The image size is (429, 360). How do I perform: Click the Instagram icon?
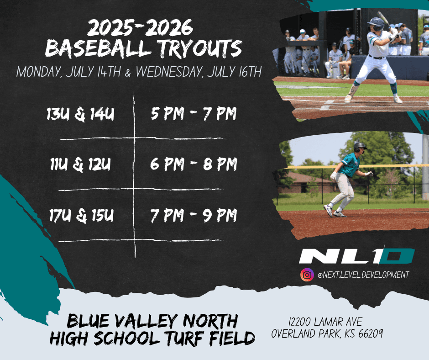click(307, 275)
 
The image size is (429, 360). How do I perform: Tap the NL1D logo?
click(357, 256)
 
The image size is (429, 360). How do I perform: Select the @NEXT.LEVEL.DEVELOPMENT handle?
click(363, 275)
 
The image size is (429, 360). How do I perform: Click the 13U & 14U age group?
click(80, 114)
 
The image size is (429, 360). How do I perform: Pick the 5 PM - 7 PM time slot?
click(194, 114)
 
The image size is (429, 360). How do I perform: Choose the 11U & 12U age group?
click(80, 164)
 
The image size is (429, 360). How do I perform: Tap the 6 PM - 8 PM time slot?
click(194, 164)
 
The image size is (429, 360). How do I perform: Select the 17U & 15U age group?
click(81, 215)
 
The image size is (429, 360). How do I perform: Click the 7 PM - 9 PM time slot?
click(194, 215)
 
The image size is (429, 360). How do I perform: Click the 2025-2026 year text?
click(140, 27)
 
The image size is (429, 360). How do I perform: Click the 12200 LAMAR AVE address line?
click(325, 322)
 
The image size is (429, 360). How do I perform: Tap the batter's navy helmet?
click(376, 24)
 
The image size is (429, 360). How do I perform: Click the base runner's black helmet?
click(360, 147)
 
